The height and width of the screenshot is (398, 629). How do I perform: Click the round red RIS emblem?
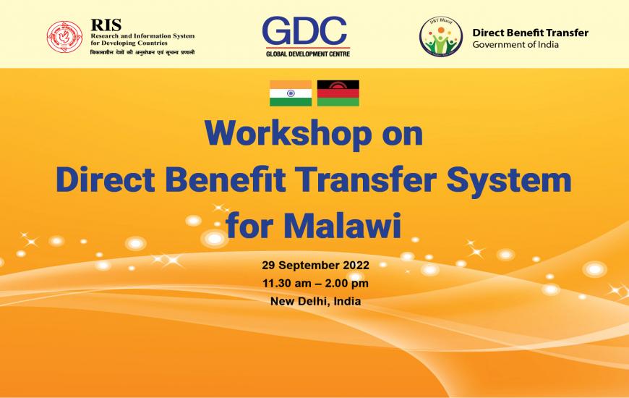coord(64,37)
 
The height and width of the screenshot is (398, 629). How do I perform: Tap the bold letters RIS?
coord(106,25)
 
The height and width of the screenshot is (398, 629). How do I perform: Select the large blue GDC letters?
coord(304,31)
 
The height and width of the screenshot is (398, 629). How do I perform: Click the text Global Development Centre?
coord(308,54)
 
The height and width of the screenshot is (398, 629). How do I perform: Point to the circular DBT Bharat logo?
coord(441,37)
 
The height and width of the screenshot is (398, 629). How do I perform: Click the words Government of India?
coord(515,45)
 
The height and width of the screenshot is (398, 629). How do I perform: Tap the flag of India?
coord(291,93)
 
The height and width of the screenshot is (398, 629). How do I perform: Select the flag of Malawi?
coord(338,93)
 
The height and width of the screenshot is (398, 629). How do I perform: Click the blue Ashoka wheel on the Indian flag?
coord(291,93)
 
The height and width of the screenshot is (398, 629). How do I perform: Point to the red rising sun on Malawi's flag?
coord(338,85)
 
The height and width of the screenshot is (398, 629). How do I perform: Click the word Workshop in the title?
coord(288,134)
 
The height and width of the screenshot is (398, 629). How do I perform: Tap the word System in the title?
coord(509,181)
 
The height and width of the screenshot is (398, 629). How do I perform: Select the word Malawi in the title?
coord(342,225)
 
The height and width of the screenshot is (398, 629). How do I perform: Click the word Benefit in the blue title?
coord(225,179)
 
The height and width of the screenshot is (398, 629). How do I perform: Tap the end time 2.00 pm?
coord(346,283)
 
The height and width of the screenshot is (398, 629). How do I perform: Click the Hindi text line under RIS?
coord(142,52)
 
